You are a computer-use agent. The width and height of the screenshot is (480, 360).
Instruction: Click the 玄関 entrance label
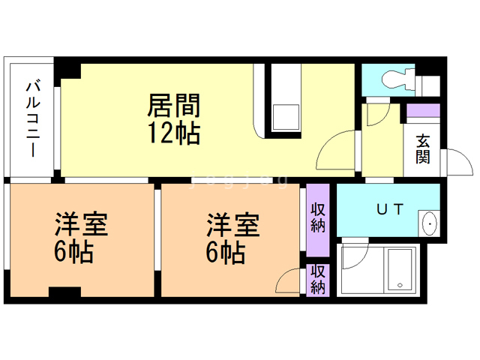423,149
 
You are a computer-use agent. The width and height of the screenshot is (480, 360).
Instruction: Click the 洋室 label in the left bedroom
81,224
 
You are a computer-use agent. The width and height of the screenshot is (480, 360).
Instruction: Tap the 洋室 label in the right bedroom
233,224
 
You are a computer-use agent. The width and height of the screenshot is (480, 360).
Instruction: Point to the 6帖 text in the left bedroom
73,253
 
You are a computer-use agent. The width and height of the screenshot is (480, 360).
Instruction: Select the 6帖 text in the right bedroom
226,253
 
